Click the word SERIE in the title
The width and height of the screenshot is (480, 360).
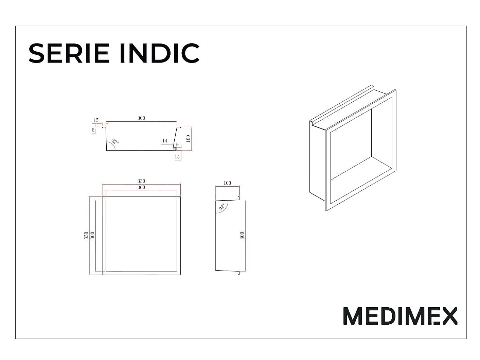69,53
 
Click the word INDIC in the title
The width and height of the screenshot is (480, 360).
159,53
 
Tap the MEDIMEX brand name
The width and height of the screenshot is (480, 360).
400,316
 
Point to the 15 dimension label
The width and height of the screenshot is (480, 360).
96,120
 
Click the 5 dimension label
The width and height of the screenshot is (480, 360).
93,130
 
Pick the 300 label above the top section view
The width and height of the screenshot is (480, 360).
141,118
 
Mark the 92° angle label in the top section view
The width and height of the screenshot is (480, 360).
115,141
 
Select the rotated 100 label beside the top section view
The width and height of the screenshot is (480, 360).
188,139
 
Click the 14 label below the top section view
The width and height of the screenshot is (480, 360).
177,157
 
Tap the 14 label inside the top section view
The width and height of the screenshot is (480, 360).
165,141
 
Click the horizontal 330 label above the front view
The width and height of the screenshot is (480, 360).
141,181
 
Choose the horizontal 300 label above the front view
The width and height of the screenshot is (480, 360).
141,187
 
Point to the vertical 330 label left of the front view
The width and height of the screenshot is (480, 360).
86,236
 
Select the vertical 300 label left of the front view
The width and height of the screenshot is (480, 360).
92,236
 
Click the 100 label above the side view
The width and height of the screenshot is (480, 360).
227,183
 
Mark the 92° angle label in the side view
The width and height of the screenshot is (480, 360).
221,207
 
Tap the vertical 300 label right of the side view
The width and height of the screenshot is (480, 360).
242,236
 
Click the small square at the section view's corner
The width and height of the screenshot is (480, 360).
175,149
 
